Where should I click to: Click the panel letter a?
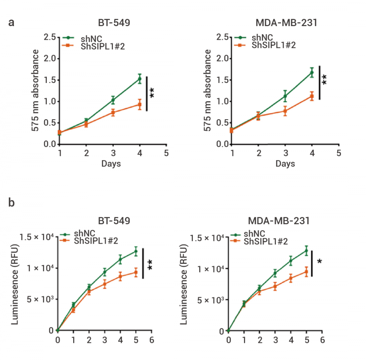[11, 22]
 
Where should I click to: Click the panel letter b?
[11, 202]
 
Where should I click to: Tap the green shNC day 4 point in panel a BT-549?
[139, 79]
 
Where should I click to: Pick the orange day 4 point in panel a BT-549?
[139, 105]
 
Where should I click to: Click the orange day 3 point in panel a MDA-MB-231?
[285, 111]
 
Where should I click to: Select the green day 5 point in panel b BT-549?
[136, 251]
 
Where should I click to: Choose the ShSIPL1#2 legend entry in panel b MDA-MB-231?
[266, 241]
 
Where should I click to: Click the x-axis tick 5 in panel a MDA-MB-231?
[338, 153]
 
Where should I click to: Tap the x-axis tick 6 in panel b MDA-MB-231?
[322, 340]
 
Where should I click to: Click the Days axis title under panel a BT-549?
[111, 164]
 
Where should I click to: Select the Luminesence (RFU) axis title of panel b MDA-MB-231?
[185, 285]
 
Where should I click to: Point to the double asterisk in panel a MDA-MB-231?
[325, 79]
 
